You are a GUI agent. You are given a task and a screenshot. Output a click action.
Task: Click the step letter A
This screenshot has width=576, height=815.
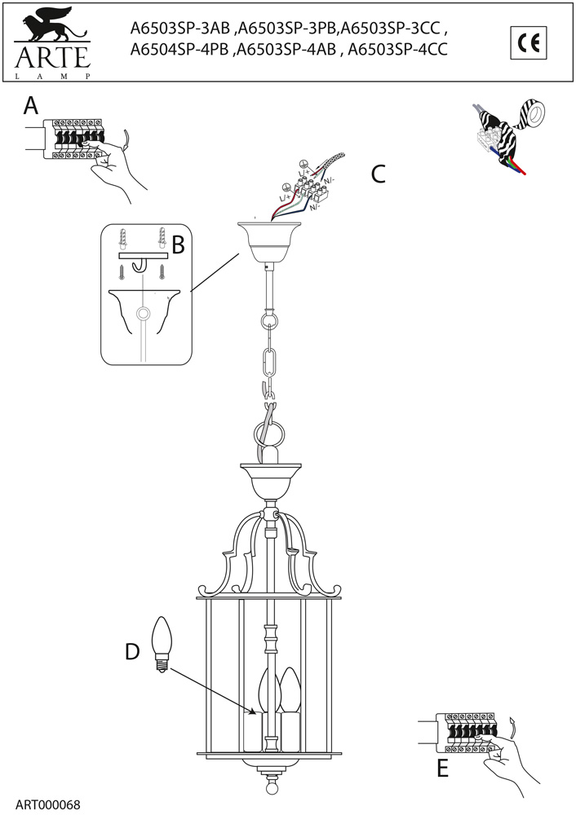click(30, 106)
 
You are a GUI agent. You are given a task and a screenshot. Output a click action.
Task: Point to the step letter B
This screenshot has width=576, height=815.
click(178, 244)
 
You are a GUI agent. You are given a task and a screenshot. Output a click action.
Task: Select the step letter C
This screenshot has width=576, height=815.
click(378, 174)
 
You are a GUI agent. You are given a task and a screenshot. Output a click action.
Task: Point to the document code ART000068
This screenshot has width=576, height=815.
click(47, 804)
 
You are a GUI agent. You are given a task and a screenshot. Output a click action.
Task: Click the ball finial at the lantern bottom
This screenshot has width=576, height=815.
click(271, 790)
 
